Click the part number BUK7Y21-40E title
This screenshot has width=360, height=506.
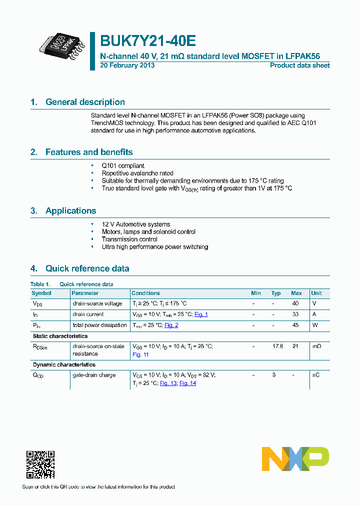148,40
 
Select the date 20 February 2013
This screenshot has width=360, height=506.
127,65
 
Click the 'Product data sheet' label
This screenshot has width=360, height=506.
299,65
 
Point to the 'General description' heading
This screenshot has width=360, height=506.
85,102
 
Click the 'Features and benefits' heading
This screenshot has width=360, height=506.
89,152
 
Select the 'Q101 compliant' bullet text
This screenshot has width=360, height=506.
123,165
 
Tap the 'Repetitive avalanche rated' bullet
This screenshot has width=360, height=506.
137,173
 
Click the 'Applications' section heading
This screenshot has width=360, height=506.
70,210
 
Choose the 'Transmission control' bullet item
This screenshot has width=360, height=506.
129,239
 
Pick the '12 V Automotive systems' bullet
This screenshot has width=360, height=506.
135,224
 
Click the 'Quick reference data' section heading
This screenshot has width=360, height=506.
87,268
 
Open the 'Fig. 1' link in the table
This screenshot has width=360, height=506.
201,314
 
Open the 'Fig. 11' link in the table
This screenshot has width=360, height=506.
140,354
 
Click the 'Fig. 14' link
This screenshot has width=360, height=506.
187,383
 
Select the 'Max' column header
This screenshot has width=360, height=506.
296,293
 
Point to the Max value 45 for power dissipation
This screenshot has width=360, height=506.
295,325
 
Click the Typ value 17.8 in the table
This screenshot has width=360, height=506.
277,346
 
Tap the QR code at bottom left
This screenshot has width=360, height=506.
40,464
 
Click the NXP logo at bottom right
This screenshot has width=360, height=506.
295,458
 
